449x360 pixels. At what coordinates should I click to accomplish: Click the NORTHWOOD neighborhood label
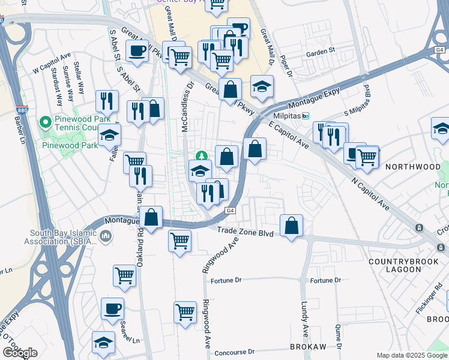[x=412, y=166]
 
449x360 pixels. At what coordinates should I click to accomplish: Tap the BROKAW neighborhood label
[x=308, y=347]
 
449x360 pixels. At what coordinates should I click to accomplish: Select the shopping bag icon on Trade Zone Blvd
[x=291, y=226]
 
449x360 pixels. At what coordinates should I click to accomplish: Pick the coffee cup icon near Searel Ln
[x=112, y=309]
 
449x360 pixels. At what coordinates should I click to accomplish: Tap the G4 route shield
[x=230, y=211]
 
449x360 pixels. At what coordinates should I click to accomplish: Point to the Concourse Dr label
[x=235, y=352]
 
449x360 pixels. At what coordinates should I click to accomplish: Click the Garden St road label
[x=319, y=53]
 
